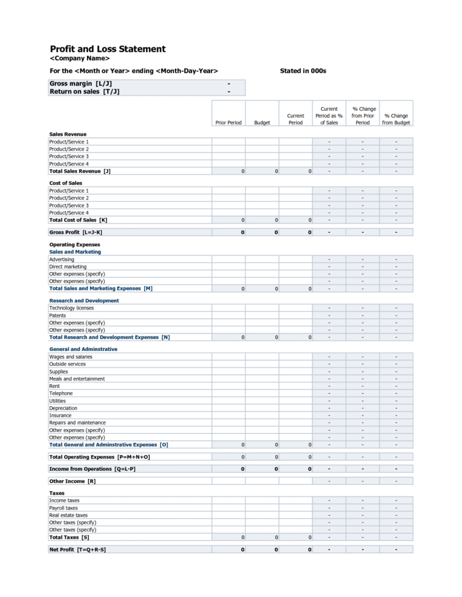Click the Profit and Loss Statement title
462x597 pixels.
(x=107, y=49)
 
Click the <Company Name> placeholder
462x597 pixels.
(x=79, y=58)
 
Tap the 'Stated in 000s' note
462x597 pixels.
(x=302, y=71)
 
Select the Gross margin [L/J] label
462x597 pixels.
(x=80, y=84)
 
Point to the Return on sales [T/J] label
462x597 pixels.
(x=84, y=92)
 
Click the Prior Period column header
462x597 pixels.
(x=229, y=122)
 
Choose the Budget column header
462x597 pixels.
(x=262, y=122)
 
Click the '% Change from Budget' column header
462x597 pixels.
(x=395, y=119)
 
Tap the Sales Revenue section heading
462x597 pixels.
(x=68, y=134)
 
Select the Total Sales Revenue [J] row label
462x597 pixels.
(x=79, y=171)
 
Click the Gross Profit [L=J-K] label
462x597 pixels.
(x=75, y=232)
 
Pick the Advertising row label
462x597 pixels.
(x=62, y=260)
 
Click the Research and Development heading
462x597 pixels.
(x=84, y=301)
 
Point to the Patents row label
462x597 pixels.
(x=57, y=316)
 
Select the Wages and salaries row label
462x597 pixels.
(x=70, y=357)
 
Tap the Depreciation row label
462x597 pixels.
(x=63, y=408)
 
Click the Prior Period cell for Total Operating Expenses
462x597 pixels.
(x=229, y=457)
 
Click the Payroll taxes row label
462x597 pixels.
(x=63, y=508)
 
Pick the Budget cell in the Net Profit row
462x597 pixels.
(x=262, y=550)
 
